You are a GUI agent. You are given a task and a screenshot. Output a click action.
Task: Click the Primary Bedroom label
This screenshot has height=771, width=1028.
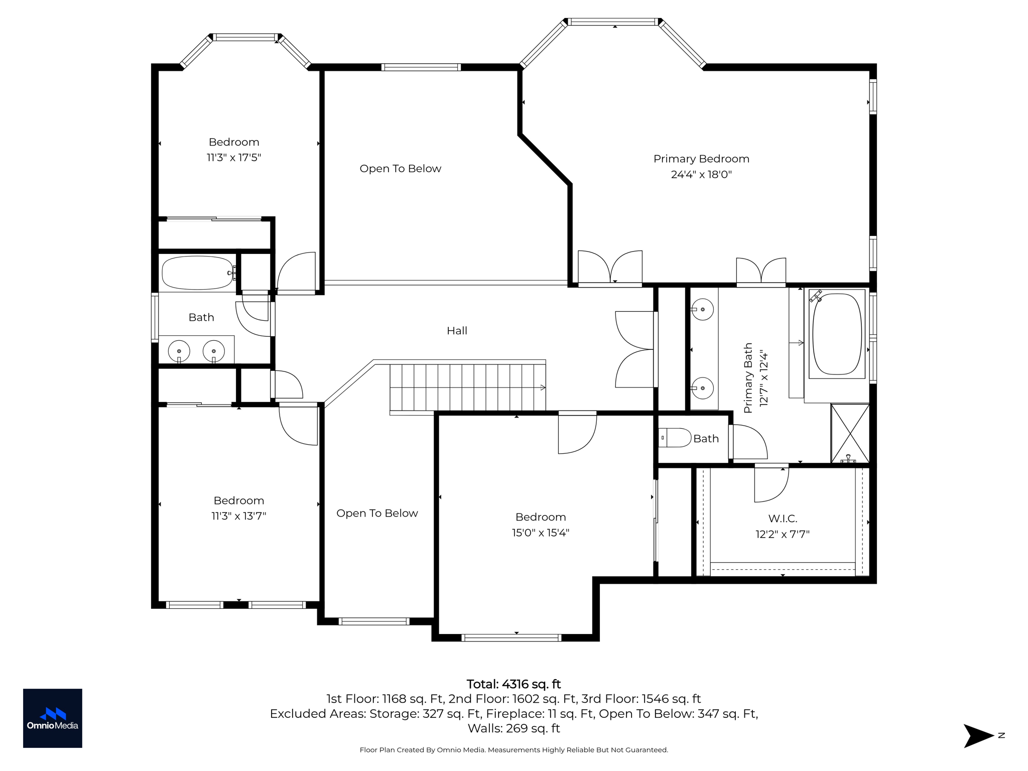(x=701, y=159)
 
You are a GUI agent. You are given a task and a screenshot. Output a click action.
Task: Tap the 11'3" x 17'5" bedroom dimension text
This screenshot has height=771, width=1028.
(x=234, y=158)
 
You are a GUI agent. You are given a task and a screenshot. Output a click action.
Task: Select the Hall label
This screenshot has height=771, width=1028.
(x=457, y=331)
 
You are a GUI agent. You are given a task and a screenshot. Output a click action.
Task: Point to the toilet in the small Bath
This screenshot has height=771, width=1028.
(x=675, y=438)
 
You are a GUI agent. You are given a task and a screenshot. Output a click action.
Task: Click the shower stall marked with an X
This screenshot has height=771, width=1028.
(x=850, y=433)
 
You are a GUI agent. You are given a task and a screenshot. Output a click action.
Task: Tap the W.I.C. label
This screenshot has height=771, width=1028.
(x=783, y=519)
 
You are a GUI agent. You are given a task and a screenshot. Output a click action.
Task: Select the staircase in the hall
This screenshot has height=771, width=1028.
(x=467, y=388)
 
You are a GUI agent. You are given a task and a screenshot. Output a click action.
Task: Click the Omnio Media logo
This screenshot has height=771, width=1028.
(x=53, y=718)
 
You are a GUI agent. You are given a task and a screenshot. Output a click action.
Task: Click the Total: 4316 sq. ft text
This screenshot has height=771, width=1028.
(x=513, y=684)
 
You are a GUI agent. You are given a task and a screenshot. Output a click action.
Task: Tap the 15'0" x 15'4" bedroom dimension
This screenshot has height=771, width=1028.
(x=541, y=533)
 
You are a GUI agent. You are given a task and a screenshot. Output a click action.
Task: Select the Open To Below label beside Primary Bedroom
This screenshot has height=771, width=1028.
(x=400, y=169)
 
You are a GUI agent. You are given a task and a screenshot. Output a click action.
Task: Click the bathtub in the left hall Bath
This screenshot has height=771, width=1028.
(x=197, y=273)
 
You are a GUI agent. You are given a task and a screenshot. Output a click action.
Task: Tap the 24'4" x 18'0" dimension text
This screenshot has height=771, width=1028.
(x=701, y=175)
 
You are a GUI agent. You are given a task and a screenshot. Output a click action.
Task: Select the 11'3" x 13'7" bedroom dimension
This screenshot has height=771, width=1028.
(x=238, y=516)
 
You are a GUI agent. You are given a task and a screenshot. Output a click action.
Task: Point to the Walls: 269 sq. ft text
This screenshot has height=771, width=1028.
(x=513, y=728)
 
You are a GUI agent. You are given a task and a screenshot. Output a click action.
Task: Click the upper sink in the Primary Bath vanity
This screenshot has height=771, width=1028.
(x=703, y=309)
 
